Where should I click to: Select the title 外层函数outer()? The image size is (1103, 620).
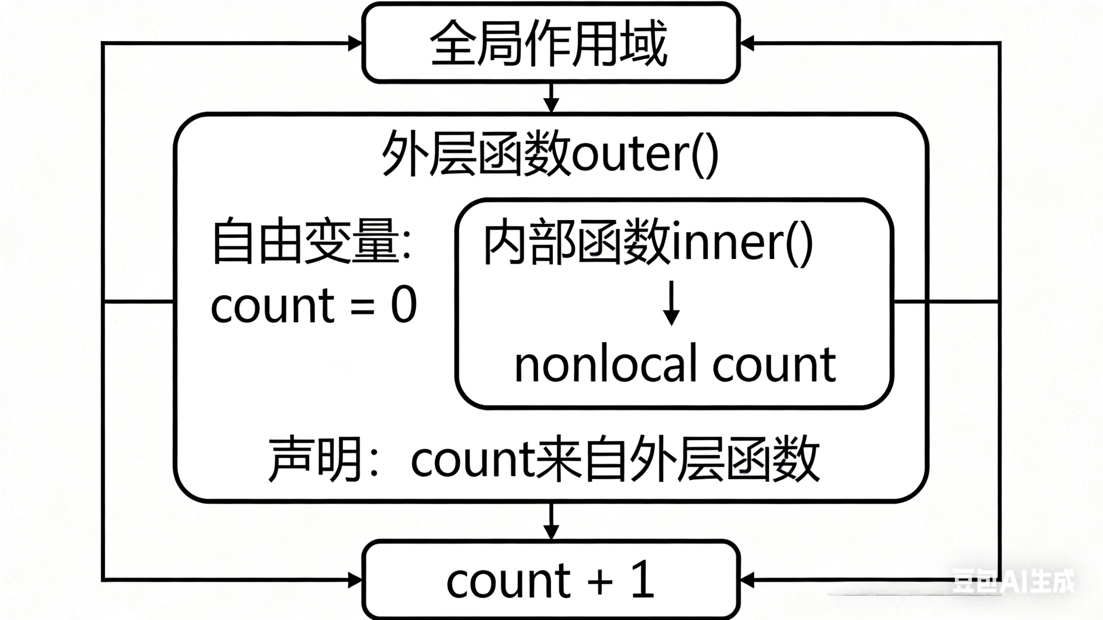[x=550, y=154]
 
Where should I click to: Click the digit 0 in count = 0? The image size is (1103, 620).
[x=404, y=305]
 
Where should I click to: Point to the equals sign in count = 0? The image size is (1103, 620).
[x=363, y=307]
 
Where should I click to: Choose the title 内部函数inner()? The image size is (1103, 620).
[x=647, y=242]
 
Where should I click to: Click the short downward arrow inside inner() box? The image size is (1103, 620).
[x=671, y=303]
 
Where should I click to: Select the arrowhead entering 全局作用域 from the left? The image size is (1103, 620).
[x=355, y=43]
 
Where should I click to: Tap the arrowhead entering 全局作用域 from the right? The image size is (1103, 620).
[x=747, y=43]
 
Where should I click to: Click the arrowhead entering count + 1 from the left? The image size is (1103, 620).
[x=355, y=580]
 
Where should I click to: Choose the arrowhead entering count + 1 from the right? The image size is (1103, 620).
[x=747, y=580]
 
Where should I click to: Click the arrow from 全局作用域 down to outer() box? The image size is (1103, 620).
[x=551, y=98]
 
